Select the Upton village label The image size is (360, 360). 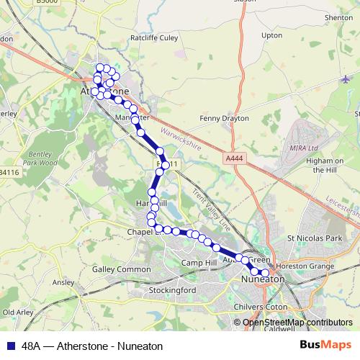272,35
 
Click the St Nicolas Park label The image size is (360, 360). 314,238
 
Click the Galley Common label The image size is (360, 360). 117,269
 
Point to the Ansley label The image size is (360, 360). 63,282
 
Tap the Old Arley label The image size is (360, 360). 18,312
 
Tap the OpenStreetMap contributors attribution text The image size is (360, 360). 297,323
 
